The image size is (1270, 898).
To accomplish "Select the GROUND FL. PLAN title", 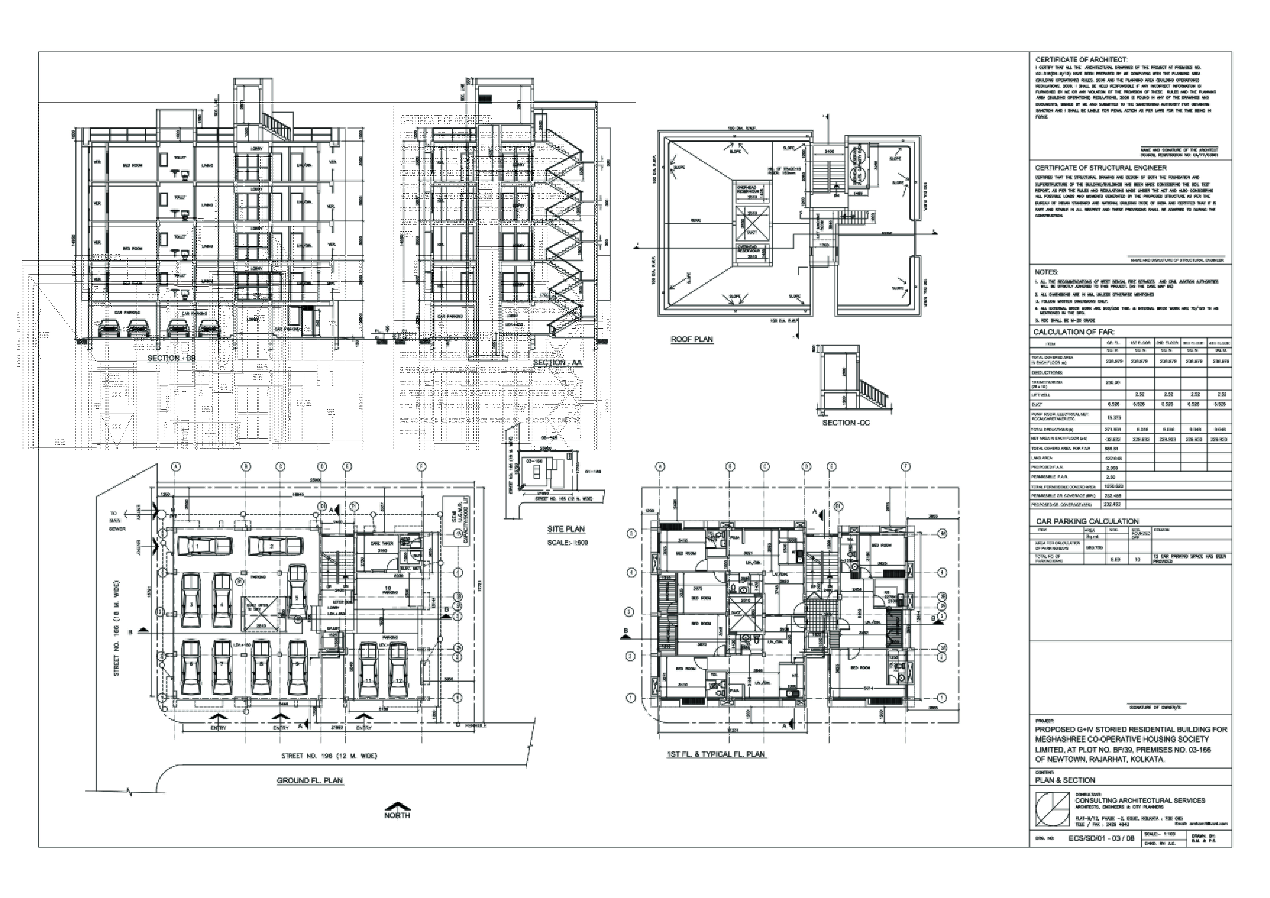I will (x=310, y=781).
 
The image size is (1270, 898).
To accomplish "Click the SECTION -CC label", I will (x=846, y=422).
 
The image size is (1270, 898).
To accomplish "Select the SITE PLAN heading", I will (x=566, y=529).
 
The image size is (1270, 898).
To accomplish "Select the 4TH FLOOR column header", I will (x=1219, y=343).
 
